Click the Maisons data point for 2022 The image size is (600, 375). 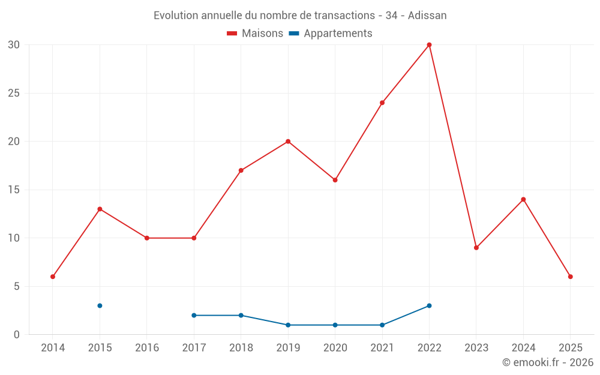tap(429, 45)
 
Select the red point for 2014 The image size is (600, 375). tap(53, 277)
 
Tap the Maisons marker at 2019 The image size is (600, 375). tap(288, 142)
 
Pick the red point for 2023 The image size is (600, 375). tap(476, 248)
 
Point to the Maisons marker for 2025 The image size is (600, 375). tap(571, 277)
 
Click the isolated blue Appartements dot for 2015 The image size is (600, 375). tap(100, 305)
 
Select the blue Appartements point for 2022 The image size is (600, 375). tap(429, 305)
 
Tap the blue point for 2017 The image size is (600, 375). tap(194, 315)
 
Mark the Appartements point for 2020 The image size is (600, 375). tap(335, 325)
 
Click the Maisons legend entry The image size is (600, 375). tap(255, 34)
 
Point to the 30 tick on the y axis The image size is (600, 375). tap(14, 45)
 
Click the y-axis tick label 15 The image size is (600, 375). tap(14, 190)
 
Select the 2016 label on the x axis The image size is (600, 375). tap(147, 348)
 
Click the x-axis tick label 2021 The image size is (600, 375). tap(382, 348)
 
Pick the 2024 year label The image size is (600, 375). tap(523, 348)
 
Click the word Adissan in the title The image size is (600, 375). tap(427, 16)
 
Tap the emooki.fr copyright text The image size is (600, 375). tap(548, 362)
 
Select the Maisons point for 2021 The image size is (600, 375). tap(382, 103)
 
